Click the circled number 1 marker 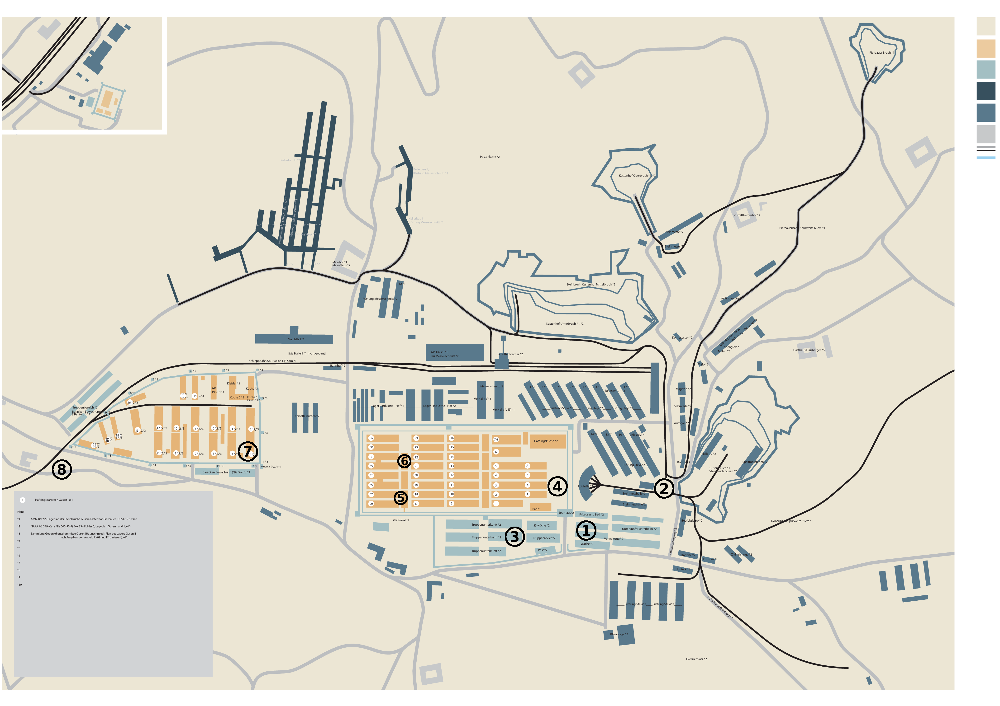pos(586,530)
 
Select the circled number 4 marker pos(557,486)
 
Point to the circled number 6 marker pos(404,461)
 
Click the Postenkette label pos(490,157)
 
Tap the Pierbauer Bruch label pos(881,53)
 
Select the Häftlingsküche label pos(546,441)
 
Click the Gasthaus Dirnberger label pos(809,350)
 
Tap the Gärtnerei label pos(401,520)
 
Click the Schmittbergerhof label pos(746,215)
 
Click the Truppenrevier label pos(544,538)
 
